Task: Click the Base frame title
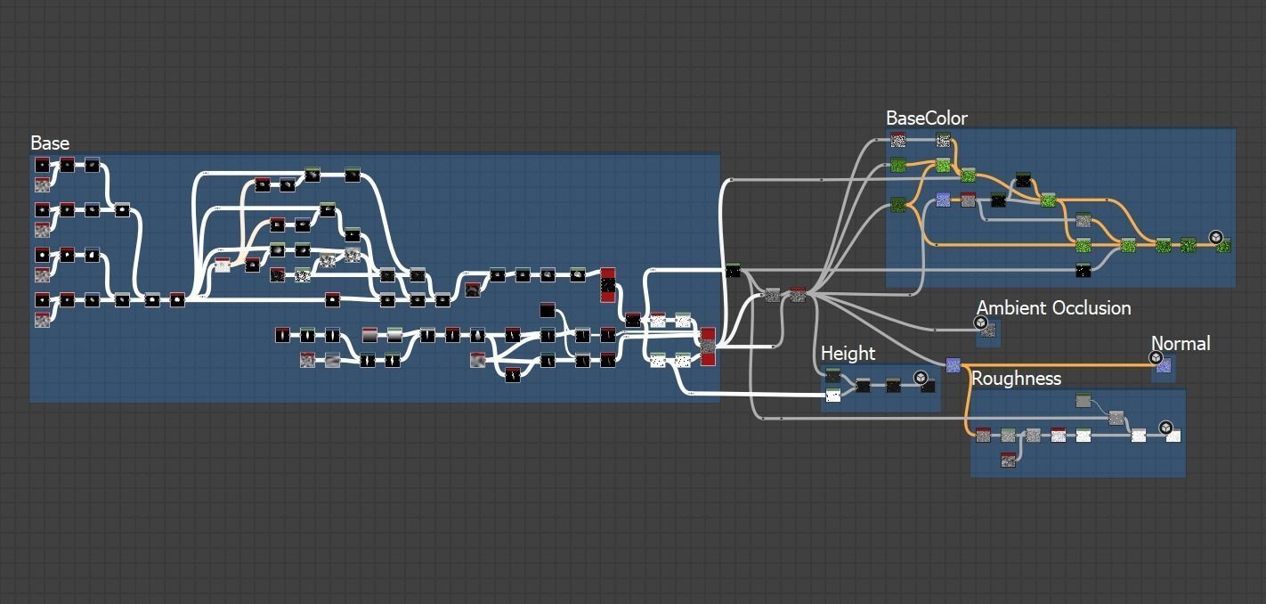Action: point(50,143)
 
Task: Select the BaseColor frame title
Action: point(926,118)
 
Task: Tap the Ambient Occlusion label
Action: point(1053,308)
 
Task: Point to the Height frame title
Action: point(848,354)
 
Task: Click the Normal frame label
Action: point(1180,344)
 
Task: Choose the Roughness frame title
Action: point(1016,379)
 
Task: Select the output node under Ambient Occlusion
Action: point(986,331)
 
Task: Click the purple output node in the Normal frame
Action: point(1163,365)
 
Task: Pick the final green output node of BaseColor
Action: point(1223,245)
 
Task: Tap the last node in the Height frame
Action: point(928,386)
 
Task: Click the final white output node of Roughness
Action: point(1173,436)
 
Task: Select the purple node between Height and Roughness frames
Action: point(953,365)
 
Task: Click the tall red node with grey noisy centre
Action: point(708,346)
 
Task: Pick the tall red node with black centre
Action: point(608,285)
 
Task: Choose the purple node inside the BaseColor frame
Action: point(943,200)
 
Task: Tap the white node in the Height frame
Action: point(833,396)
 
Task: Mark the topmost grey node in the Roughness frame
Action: point(1083,402)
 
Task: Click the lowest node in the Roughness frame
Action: point(1008,460)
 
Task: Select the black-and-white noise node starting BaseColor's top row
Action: point(898,140)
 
